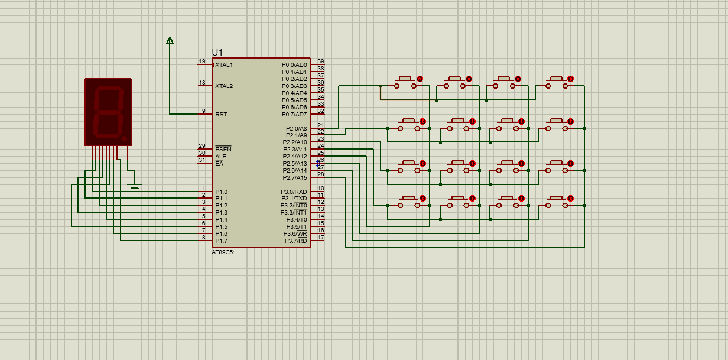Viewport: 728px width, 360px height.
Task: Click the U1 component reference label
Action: [x=217, y=53]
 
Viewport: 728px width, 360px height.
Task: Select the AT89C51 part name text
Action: [x=224, y=252]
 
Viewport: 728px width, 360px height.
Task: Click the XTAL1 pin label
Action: [x=224, y=64]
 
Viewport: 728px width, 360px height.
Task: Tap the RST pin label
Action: [x=221, y=115]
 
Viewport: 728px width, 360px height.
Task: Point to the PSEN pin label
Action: [x=223, y=149]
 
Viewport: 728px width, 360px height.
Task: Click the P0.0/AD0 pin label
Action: [x=294, y=64]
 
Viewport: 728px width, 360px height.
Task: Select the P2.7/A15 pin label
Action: [x=294, y=177]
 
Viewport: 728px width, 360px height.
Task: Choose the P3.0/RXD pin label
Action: [x=294, y=192]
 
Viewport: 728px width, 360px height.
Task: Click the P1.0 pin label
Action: [x=222, y=192]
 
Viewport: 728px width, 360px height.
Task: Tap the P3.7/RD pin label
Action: [x=295, y=241]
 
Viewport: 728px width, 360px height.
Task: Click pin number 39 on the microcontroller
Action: [x=321, y=61]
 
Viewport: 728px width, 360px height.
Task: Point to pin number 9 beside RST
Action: [x=204, y=111]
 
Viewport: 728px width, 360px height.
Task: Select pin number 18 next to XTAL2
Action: [x=202, y=83]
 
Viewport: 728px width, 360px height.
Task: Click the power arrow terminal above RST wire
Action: [x=170, y=41]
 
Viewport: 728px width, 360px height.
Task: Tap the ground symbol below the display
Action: [x=134, y=186]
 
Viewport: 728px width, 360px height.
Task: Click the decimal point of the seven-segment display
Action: [x=124, y=139]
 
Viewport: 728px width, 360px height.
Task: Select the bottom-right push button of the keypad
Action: [x=557, y=202]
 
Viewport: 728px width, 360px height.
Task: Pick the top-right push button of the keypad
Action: [x=557, y=83]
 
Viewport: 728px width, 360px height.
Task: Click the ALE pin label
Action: [x=220, y=157]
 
